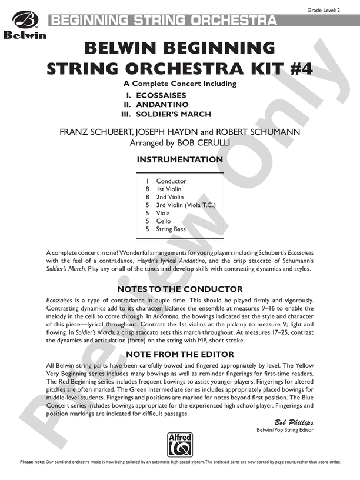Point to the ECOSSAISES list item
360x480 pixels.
(161, 95)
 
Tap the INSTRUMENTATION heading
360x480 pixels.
(179, 159)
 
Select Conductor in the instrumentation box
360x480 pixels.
(171, 181)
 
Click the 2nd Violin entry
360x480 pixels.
(170, 197)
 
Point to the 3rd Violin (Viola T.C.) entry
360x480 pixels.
(186, 205)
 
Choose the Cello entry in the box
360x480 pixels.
(164, 221)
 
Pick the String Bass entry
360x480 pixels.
(171, 229)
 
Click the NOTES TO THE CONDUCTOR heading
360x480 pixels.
(180, 289)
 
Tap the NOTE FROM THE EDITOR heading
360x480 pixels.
(180, 354)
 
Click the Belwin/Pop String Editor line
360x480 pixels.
(285, 431)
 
